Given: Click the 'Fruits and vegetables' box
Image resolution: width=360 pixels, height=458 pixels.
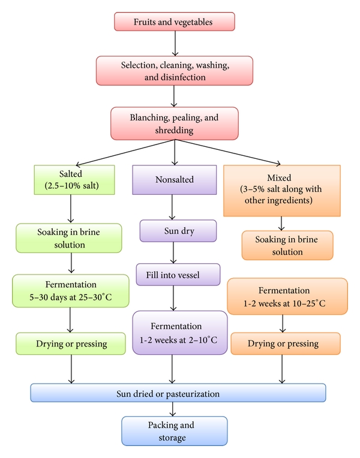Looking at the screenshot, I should click(x=174, y=22).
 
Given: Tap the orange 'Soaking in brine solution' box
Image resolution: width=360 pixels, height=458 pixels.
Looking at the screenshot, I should click(x=287, y=245).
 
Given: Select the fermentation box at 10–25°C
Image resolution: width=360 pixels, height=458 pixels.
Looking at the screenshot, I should click(x=287, y=296).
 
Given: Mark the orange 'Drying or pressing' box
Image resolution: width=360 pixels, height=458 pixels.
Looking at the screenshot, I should click(x=286, y=344).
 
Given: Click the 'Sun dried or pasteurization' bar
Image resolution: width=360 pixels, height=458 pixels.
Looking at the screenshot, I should click(x=178, y=393).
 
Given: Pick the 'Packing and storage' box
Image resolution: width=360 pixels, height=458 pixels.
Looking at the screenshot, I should click(x=173, y=431).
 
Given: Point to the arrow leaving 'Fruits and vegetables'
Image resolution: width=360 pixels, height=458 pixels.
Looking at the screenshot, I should click(x=174, y=43).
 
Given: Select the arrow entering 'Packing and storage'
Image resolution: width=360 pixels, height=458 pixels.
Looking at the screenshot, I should click(x=173, y=409).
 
